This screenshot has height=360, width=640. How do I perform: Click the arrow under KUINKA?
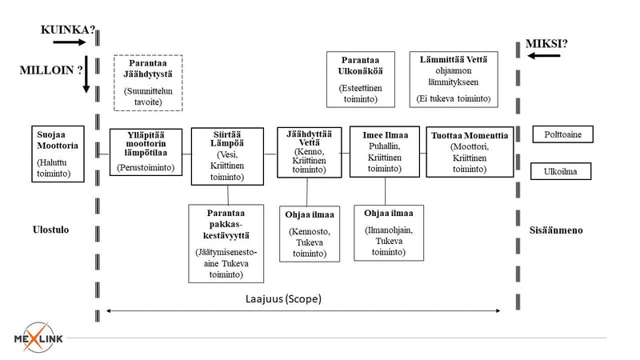[x=70, y=42]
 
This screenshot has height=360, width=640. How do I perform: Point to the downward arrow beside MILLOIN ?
[x=86, y=74]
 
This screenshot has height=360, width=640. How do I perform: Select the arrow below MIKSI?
[x=544, y=55]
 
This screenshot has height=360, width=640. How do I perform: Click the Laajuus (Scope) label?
[x=283, y=298]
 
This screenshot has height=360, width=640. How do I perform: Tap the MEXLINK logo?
[x=38, y=338]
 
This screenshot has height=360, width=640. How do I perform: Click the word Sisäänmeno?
[x=556, y=230]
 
